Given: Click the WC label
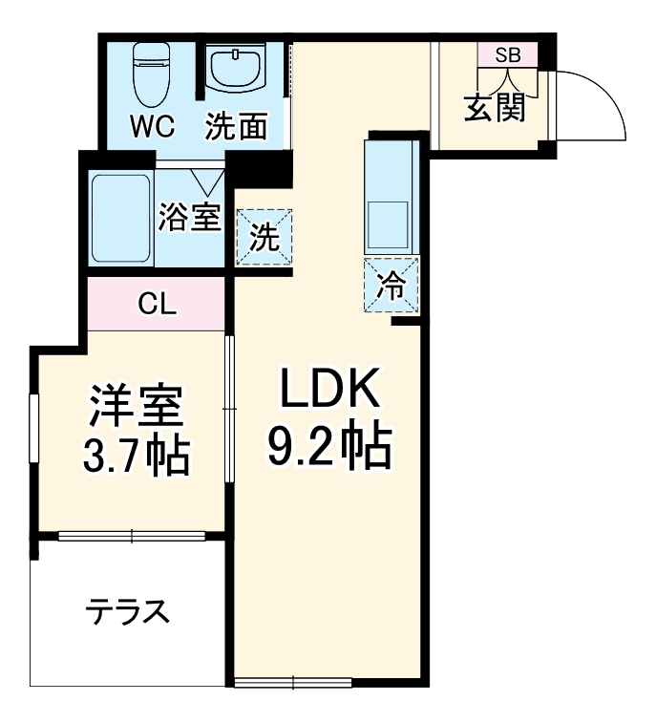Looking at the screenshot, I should pyautogui.click(x=151, y=126).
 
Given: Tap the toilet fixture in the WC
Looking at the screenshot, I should pyautogui.click(x=149, y=74).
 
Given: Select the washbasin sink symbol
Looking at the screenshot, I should pyautogui.click(x=234, y=69).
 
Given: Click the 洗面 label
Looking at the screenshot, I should pyautogui.click(x=236, y=126).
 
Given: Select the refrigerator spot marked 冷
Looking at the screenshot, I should pyautogui.click(x=391, y=285).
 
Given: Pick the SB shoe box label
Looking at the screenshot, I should pyautogui.click(x=507, y=54).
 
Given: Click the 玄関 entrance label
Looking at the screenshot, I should pyautogui.click(x=495, y=108).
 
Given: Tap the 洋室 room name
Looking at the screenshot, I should pyautogui.click(x=135, y=408).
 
